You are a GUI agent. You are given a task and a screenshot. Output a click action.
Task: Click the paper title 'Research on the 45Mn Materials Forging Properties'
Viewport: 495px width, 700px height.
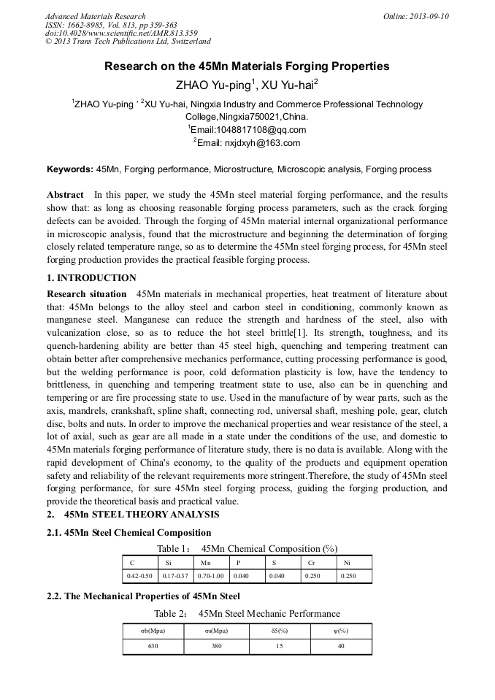click(x=247, y=66)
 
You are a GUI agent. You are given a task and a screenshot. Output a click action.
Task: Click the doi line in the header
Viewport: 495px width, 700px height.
click(x=121, y=33)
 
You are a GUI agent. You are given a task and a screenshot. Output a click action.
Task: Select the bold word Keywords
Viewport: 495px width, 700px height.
click(x=69, y=169)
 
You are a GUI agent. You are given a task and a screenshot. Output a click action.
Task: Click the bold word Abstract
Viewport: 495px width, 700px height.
click(x=65, y=196)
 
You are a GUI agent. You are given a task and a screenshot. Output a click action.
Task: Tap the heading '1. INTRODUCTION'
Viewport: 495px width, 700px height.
click(x=91, y=278)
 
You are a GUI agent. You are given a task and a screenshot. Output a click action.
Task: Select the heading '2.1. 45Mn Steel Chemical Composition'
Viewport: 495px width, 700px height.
click(x=128, y=533)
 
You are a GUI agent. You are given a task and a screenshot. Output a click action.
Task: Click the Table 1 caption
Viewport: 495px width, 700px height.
click(x=247, y=548)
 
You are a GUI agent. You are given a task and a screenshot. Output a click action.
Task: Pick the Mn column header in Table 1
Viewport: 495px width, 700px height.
click(x=206, y=563)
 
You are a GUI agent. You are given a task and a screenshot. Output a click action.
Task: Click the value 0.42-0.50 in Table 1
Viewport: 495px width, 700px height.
click(x=140, y=577)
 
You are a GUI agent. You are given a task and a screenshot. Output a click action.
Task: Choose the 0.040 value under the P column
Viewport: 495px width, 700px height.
click(x=241, y=577)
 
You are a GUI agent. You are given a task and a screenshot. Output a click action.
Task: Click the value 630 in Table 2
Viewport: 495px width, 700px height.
click(x=153, y=646)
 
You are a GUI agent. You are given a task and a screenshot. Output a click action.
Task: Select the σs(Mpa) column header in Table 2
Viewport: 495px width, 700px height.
click(x=215, y=631)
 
